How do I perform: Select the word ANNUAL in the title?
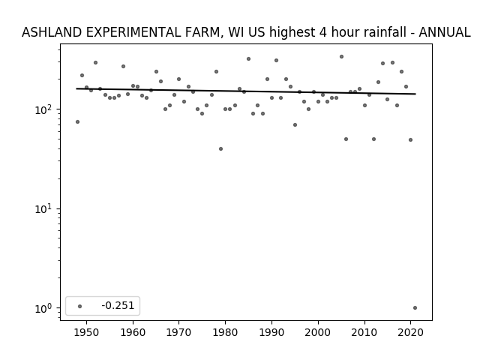(x=445, y=32)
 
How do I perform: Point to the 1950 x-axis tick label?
(x=87, y=332)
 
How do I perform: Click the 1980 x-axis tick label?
(x=225, y=332)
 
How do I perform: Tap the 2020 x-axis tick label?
(x=411, y=332)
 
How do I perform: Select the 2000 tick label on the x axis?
(x=318, y=332)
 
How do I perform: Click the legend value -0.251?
(x=118, y=305)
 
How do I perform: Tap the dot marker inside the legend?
(x=80, y=306)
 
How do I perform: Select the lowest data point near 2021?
(x=415, y=308)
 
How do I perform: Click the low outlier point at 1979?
(x=220, y=148)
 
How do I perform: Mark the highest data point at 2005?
(x=342, y=57)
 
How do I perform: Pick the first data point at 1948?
(x=77, y=121)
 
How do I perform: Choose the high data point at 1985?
(x=248, y=58)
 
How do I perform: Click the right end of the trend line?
(x=415, y=94)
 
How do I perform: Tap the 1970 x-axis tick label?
(x=178, y=332)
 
